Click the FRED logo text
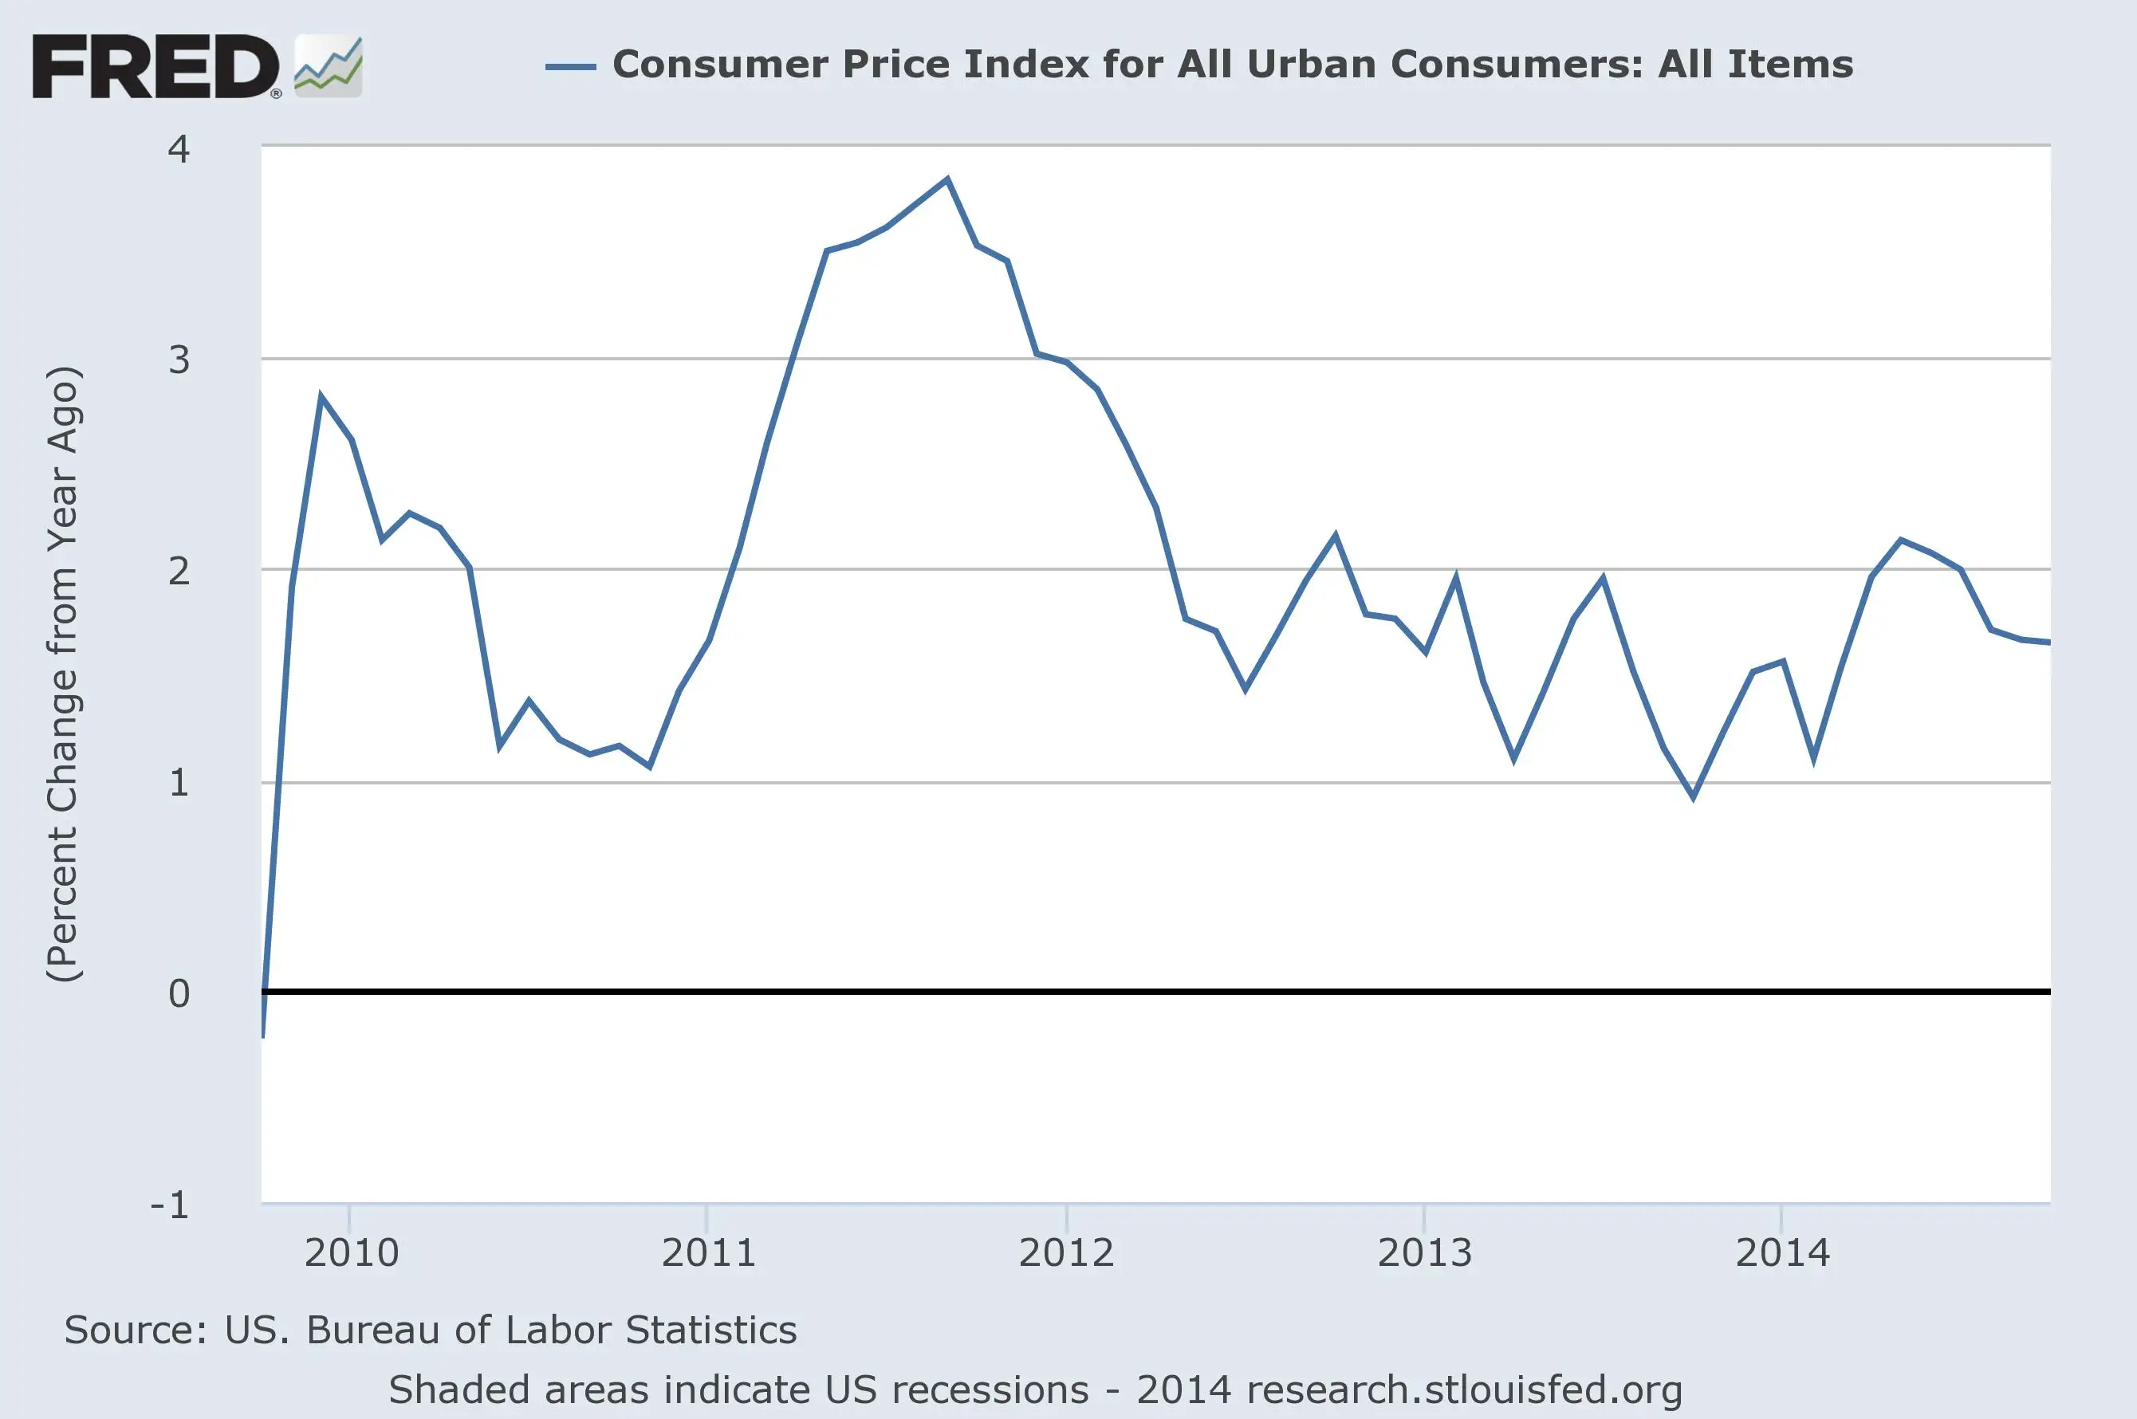click(155, 66)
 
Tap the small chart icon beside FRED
click(329, 66)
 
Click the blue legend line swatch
click(570, 66)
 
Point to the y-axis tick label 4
click(179, 149)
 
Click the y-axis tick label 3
click(179, 360)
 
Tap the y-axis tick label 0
click(179, 993)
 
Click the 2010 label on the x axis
click(351, 1253)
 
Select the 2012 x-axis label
click(1066, 1253)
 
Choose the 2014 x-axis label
click(1782, 1253)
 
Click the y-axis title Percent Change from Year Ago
click(63, 674)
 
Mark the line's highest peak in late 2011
click(946, 179)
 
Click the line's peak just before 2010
click(321, 395)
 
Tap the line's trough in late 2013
click(1693, 797)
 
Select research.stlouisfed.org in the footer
click(1463, 1390)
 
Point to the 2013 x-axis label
click(1425, 1253)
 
